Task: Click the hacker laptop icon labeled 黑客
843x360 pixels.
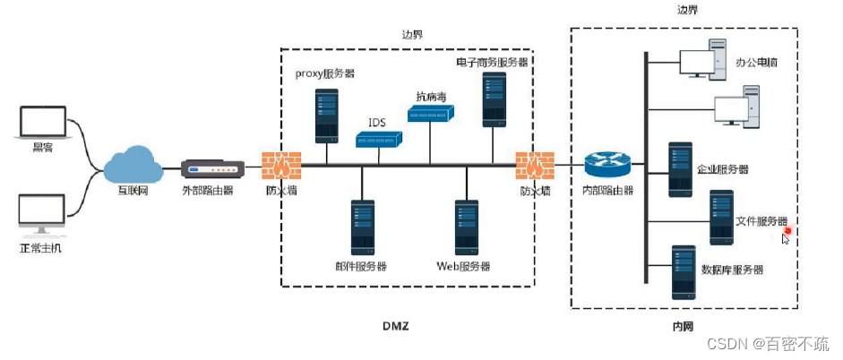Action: point(42,123)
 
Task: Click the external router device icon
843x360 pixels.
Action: point(212,168)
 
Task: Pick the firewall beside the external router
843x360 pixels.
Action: point(281,166)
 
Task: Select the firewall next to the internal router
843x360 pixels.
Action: point(535,166)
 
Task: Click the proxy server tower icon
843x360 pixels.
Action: point(326,114)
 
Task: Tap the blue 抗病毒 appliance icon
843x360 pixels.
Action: point(431,114)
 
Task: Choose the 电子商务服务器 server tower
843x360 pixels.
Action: point(492,99)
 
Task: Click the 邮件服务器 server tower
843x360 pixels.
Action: point(362,227)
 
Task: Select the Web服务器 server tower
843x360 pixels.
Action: point(466,227)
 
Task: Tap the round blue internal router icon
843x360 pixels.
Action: point(607,165)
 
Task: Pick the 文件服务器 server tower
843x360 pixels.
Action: point(721,218)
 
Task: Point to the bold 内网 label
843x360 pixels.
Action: point(684,328)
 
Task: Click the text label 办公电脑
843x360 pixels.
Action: point(759,64)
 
